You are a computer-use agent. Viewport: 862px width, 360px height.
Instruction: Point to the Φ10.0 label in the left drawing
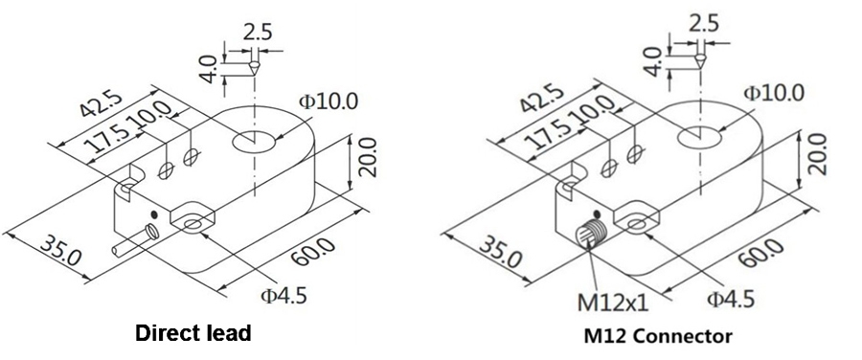tap(328, 101)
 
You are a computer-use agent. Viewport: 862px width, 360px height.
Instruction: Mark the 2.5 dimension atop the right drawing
tap(704, 25)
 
